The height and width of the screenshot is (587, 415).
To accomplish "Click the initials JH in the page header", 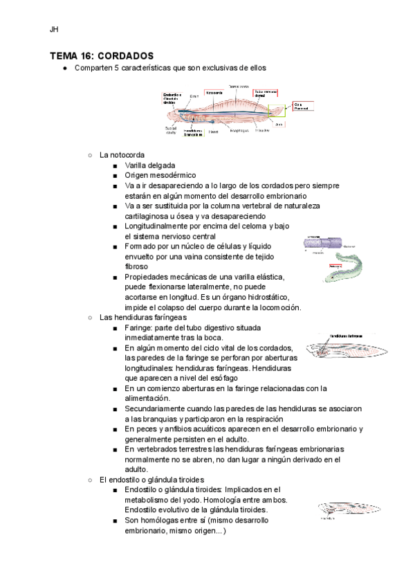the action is point(54,30).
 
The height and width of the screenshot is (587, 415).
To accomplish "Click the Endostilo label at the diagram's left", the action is point(173,98).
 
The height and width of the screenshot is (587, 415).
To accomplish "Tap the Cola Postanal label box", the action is point(301,106).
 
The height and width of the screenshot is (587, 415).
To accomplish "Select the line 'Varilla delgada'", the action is point(150,165).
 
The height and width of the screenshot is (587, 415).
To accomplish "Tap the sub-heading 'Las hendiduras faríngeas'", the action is point(143,317).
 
